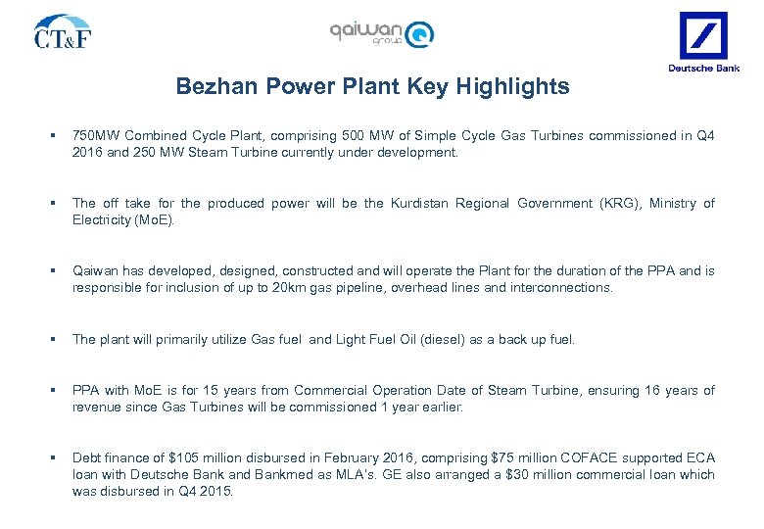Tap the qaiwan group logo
pos(382,33)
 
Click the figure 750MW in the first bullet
pos(96,136)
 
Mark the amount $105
pos(181,458)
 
